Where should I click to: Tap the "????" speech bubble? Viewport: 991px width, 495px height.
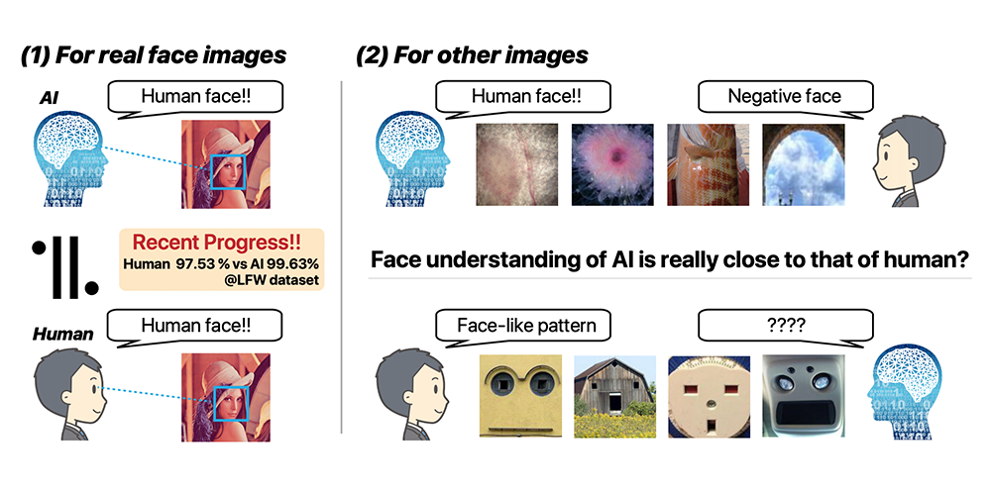click(785, 323)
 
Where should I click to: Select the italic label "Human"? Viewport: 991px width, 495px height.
click(62, 334)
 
